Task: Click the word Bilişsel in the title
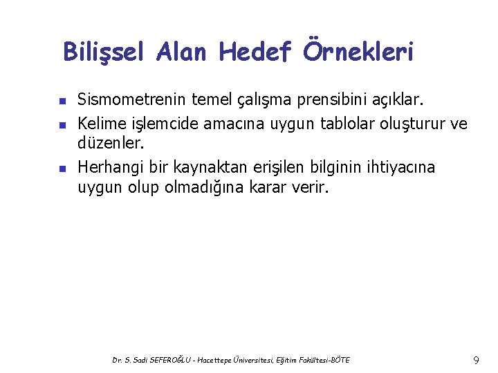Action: [x=104, y=52]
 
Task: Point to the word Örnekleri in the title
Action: [x=358, y=52]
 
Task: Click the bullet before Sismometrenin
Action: [x=62, y=102]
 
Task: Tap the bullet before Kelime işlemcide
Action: [x=62, y=125]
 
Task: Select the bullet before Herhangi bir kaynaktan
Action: [x=62, y=169]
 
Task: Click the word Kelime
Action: [x=100, y=124]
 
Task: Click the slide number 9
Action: [x=476, y=360]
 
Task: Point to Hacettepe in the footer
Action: [x=228, y=360]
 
